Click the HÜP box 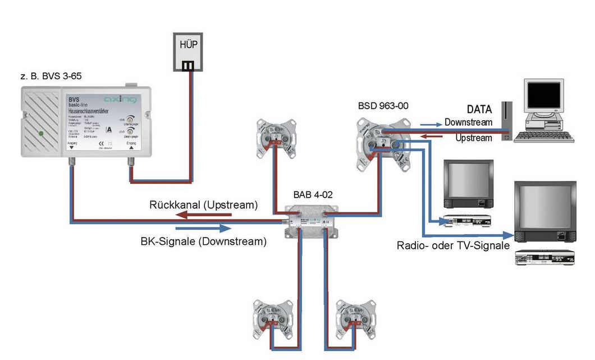[x=189, y=51]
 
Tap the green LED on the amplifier [x=40, y=134]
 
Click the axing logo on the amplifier [x=120, y=99]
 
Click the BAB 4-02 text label [x=313, y=195]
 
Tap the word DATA [x=480, y=110]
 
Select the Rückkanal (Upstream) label [x=203, y=205]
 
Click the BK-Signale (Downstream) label [x=203, y=242]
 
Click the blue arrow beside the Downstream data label [x=429, y=122]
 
